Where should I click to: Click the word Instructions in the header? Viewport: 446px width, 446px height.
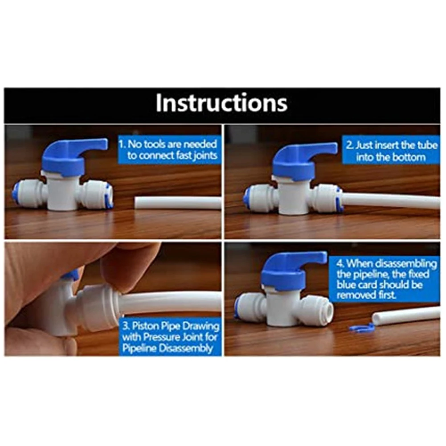pyautogui.click(x=221, y=103)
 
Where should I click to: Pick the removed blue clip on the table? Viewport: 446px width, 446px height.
pyautogui.click(x=361, y=329)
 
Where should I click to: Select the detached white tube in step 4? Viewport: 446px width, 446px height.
pyautogui.click(x=405, y=315)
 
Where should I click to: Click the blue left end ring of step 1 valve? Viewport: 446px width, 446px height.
pyautogui.click(x=16, y=194)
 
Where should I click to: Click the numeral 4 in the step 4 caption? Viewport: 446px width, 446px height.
pyautogui.click(x=339, y=263)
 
